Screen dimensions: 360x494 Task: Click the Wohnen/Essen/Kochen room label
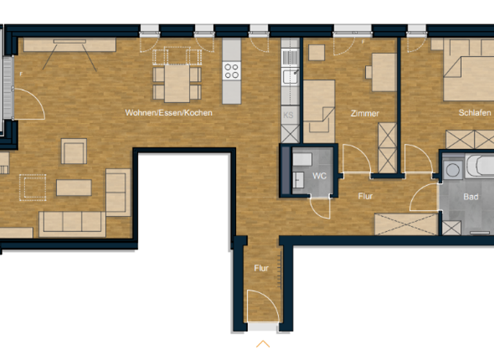[169, 113]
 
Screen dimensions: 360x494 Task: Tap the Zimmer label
[365, 113]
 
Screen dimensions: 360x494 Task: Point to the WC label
[320, 175]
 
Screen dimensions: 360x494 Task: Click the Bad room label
[471, 197]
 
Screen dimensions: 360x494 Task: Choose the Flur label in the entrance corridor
[261, 268]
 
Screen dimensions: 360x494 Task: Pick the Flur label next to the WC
[365, 196]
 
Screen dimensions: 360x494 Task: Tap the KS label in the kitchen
[288, 116]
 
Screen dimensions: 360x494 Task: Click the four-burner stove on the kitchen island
[231, 71]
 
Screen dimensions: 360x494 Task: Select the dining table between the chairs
[177, 84]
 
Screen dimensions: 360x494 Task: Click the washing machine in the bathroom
[453, 170]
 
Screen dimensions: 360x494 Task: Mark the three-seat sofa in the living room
[72, 222]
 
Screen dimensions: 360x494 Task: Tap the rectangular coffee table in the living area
[74, 187]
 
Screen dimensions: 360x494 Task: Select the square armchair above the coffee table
[74, 151]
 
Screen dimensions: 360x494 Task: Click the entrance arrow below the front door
[262, 344]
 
